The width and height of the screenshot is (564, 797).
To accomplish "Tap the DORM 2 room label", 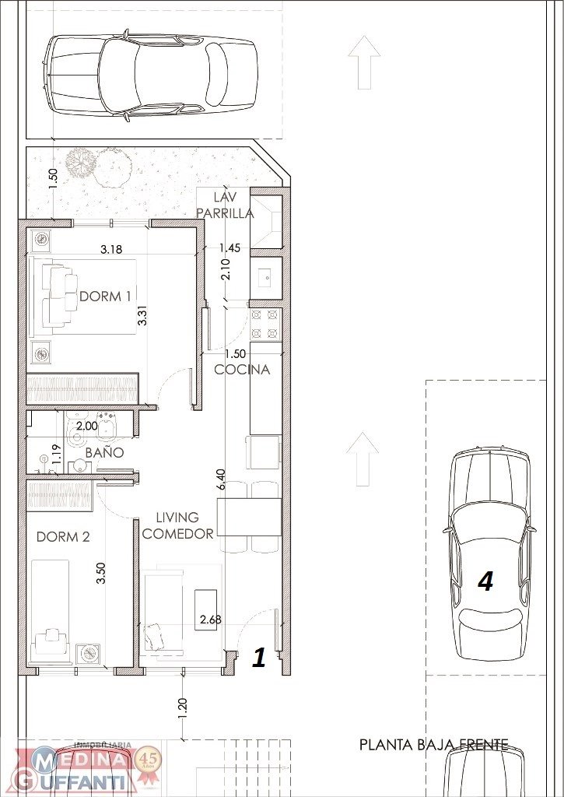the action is [x=63, y=537].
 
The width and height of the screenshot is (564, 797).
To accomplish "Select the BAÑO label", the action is [x=104, y=452].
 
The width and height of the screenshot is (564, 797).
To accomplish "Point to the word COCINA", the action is [x=242, y=370].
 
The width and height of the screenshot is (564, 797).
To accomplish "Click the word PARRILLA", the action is [x=225, y=213].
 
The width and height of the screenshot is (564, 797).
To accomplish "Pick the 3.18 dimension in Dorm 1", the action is [x=111, y=249].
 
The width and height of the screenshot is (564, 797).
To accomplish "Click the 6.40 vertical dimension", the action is [x=220, y=479].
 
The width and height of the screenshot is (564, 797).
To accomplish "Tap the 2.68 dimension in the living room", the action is [x=211, y=620].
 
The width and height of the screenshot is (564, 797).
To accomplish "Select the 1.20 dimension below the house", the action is [x=184, y=708].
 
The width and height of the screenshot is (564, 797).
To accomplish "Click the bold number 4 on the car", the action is [x=486, y=582].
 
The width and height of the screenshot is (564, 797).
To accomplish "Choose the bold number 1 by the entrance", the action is [x=259, y=657].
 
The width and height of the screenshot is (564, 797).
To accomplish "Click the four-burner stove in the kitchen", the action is [x=266, y=324].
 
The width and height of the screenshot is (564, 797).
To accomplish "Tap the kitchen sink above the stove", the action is [x=266, y=278].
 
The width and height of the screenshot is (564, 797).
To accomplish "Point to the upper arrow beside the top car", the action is [x=364, y=62].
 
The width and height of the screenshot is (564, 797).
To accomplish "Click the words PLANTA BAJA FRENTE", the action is [x=433, y=745].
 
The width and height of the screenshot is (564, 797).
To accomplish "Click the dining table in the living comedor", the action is [x=249, y=518].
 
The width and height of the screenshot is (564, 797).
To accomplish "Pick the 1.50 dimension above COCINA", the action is [x=235, y=354].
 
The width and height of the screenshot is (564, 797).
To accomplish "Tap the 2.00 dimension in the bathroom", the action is [x=86, y=426].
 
